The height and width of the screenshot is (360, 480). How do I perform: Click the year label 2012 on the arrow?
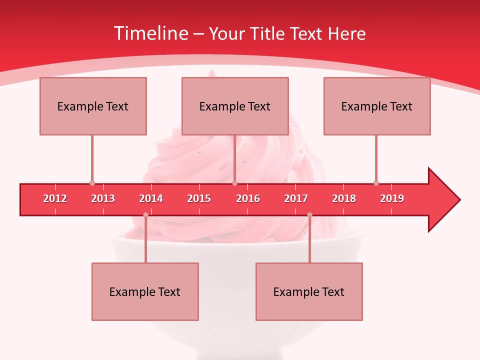[55, 198]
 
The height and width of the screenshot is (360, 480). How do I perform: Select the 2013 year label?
[103, 198]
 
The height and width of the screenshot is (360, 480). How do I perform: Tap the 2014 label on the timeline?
[151, 198]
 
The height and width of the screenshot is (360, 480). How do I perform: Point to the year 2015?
[199, 198]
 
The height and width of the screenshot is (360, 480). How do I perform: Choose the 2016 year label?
[248, 198]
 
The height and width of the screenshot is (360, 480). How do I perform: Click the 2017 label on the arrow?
[296, 198]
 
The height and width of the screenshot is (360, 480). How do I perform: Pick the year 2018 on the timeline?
[344, 198]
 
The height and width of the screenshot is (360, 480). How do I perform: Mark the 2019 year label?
[392, 198]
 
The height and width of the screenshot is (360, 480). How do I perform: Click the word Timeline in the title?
[150, 33]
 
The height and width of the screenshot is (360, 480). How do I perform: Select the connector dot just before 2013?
[92, 183]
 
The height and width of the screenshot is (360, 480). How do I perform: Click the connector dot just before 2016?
[234, 183]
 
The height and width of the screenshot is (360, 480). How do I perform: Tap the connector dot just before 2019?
[376, 183]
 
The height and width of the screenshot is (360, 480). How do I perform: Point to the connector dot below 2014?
[145, 214]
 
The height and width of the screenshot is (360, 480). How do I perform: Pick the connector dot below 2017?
[309, 214]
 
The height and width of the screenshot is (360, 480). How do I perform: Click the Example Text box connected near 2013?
[93, 106]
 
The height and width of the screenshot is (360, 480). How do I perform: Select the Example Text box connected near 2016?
[235, 106]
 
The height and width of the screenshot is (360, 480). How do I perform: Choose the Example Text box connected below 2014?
[145, 291]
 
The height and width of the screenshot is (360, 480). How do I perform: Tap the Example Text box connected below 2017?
[309, 291]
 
